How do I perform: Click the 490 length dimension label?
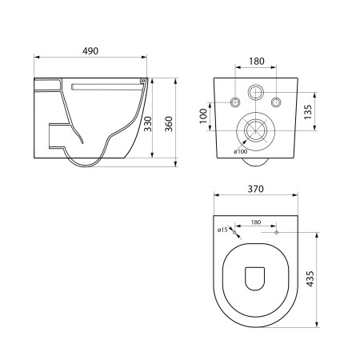[x=90, y=51]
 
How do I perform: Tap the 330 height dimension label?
[x=147, y=124]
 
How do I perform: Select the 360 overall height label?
[x=169, y=124]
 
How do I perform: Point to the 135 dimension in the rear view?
[x=307, y=112]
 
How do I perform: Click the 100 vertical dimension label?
[x=203, y=116]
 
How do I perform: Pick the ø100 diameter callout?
[x=240, y=152]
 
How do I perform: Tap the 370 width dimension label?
[x=255, y=189]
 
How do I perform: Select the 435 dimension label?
[x=310, y=279]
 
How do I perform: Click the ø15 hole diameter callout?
[x=222, y=230]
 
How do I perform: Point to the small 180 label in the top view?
[x=256, y=222]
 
